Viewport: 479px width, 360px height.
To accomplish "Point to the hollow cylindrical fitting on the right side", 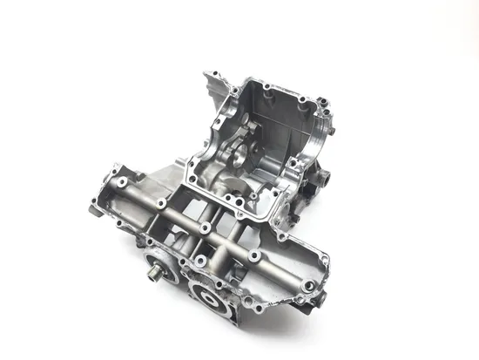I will [323, 177].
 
